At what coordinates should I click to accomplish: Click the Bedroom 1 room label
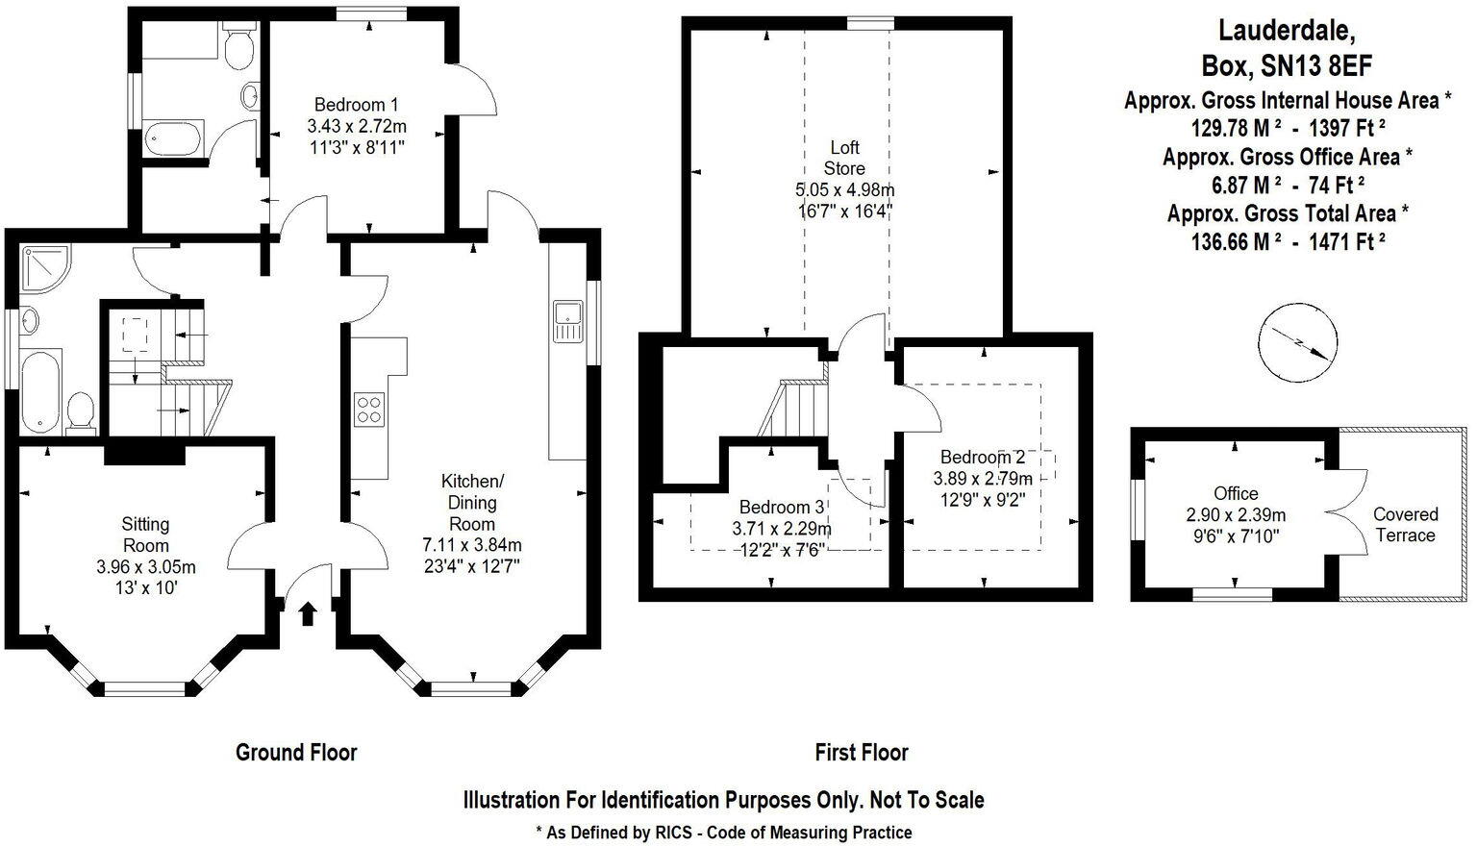[356, 105]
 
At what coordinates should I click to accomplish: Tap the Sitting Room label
[145, 535]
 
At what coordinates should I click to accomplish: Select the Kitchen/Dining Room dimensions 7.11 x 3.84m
[472, 545]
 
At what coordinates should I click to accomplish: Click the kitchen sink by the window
[566, 321]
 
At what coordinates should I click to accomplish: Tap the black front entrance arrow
[308, 613]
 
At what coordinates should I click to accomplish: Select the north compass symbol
[1297, 341]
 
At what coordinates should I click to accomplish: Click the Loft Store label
[844, 158]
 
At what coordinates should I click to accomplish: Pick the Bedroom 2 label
[983, 457]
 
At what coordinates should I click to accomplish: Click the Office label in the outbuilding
[1236, 493]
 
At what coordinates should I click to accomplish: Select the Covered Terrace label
[1405, 525]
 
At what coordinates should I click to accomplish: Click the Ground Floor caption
[296, 752]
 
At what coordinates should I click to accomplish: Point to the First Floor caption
[861, 752]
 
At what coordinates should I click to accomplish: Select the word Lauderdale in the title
[1287, 32]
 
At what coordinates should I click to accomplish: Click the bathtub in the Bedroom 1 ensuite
[174, 138]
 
